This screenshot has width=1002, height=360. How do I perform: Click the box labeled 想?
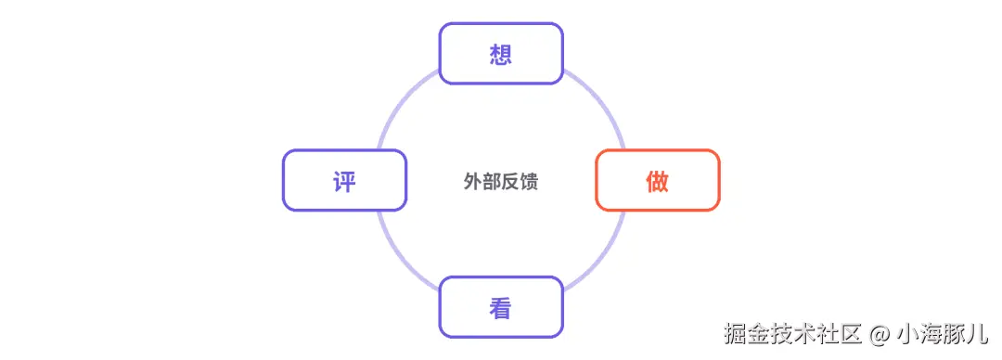tap(500, 54)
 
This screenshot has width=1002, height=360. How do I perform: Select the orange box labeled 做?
tap(658, 180)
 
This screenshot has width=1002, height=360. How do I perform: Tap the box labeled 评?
tap(344, 180)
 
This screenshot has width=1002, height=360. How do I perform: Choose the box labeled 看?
tap(500, 307)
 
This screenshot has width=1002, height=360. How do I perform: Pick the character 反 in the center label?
tap(510, 182)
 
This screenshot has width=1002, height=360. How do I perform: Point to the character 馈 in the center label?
tap(529, 182)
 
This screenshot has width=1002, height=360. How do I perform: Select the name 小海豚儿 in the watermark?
tap(944, 334)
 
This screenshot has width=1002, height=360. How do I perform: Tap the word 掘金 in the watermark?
tap(747, 334)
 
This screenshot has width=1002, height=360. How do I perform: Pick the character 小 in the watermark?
tap(908, 334)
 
